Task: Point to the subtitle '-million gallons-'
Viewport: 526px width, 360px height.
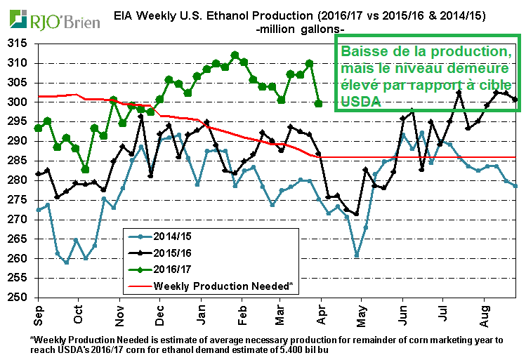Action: click(x=301, y=29)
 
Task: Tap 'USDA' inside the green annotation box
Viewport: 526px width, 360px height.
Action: click(x=360, y=102)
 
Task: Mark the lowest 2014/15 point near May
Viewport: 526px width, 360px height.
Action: click(x=357, y=255)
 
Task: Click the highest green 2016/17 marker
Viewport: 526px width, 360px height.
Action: click(x=235, y=55)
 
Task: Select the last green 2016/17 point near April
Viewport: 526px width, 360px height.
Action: click(x=319, y=103)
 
